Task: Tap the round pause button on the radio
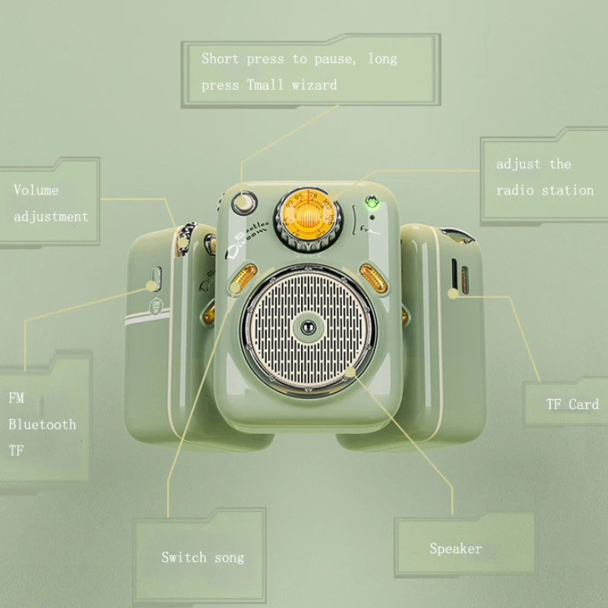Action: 243,203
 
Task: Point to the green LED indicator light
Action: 372,202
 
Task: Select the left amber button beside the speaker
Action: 239,277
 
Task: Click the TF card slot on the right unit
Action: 454,277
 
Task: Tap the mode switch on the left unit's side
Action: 157,279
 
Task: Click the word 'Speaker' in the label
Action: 455,548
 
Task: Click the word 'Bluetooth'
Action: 43,424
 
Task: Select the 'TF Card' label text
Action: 572,404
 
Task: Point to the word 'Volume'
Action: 36,190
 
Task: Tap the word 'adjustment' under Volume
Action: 51,216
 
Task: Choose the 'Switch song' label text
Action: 203,557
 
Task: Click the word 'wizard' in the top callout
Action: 314,85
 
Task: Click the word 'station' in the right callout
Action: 567,190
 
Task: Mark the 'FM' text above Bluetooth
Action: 16,398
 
